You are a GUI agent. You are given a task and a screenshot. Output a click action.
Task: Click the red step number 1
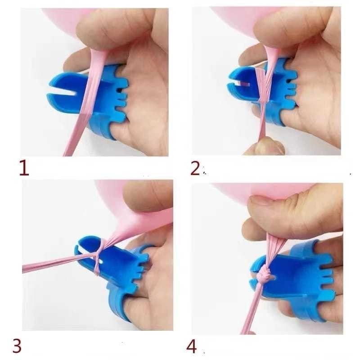tap(23, 168)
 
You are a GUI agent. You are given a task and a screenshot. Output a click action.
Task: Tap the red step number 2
tap(195, 167)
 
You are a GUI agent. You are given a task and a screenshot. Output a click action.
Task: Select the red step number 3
tap(17, 346)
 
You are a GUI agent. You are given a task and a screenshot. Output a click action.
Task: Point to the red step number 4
tap(192, 346)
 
